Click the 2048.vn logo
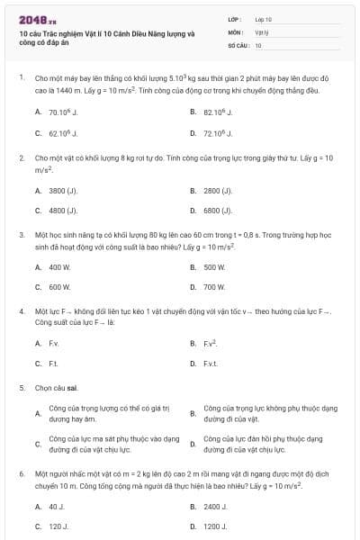[37, 19]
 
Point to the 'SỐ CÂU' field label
[238, 44]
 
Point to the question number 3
[21, 234]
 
